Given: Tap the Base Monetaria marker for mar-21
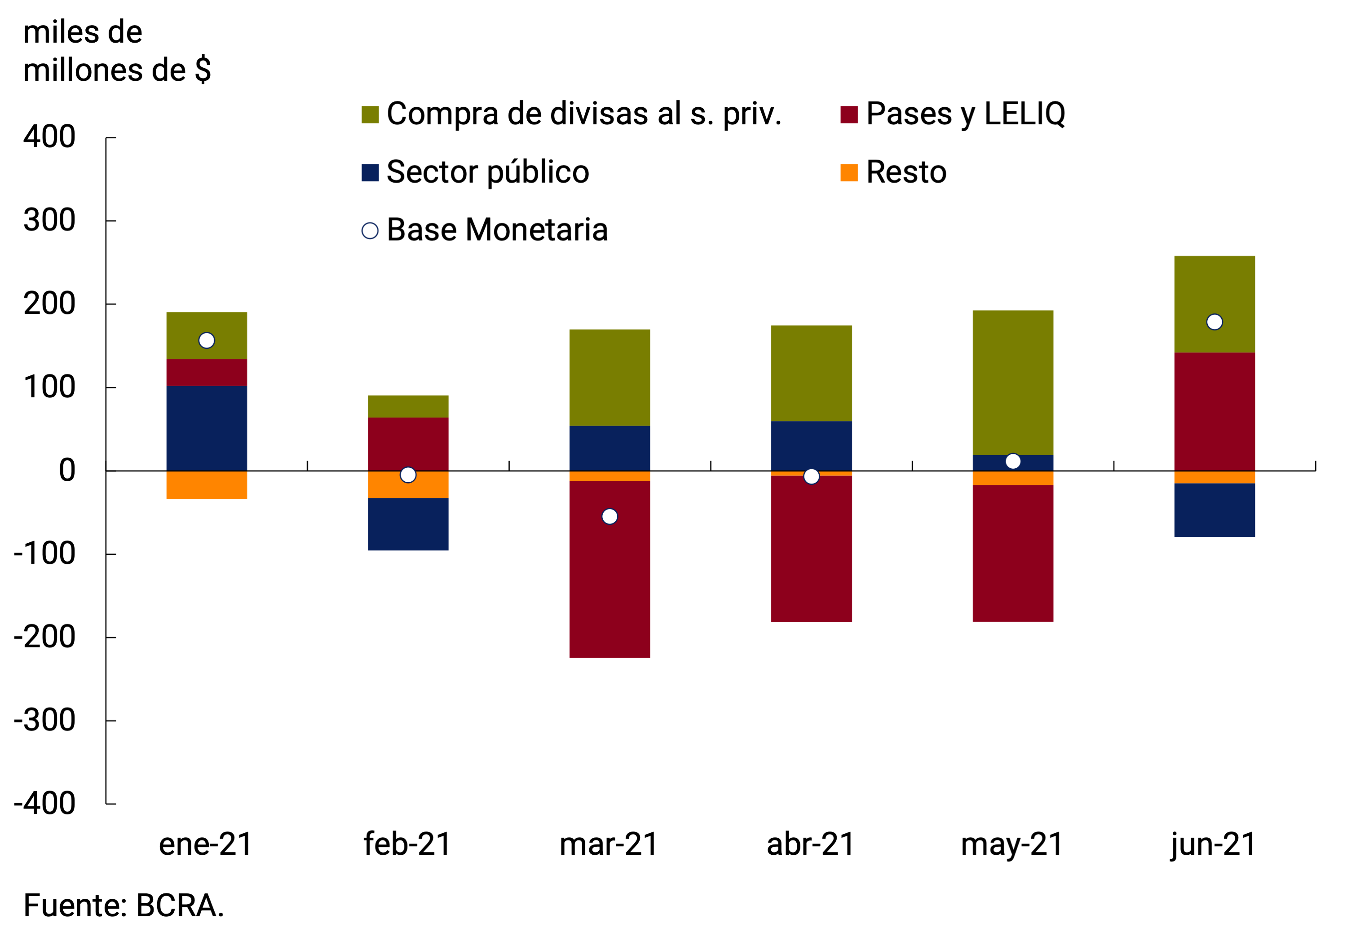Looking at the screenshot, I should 609,516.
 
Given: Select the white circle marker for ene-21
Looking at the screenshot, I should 206,340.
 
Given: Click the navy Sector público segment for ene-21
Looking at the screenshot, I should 206,427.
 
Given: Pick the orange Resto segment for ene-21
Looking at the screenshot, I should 206,485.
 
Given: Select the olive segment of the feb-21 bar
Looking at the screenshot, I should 408,406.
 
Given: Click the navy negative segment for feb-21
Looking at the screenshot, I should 408,524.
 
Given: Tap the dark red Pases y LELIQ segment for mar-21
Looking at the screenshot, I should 609,569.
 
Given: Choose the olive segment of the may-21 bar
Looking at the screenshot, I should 1012,382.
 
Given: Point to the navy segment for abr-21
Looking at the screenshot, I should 811,445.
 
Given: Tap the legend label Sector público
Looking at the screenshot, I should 487,172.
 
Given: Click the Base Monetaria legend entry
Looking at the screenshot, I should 496,230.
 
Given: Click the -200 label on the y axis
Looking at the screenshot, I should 45,637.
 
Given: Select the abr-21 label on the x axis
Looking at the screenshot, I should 811,844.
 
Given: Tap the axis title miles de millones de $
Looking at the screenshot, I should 117,51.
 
